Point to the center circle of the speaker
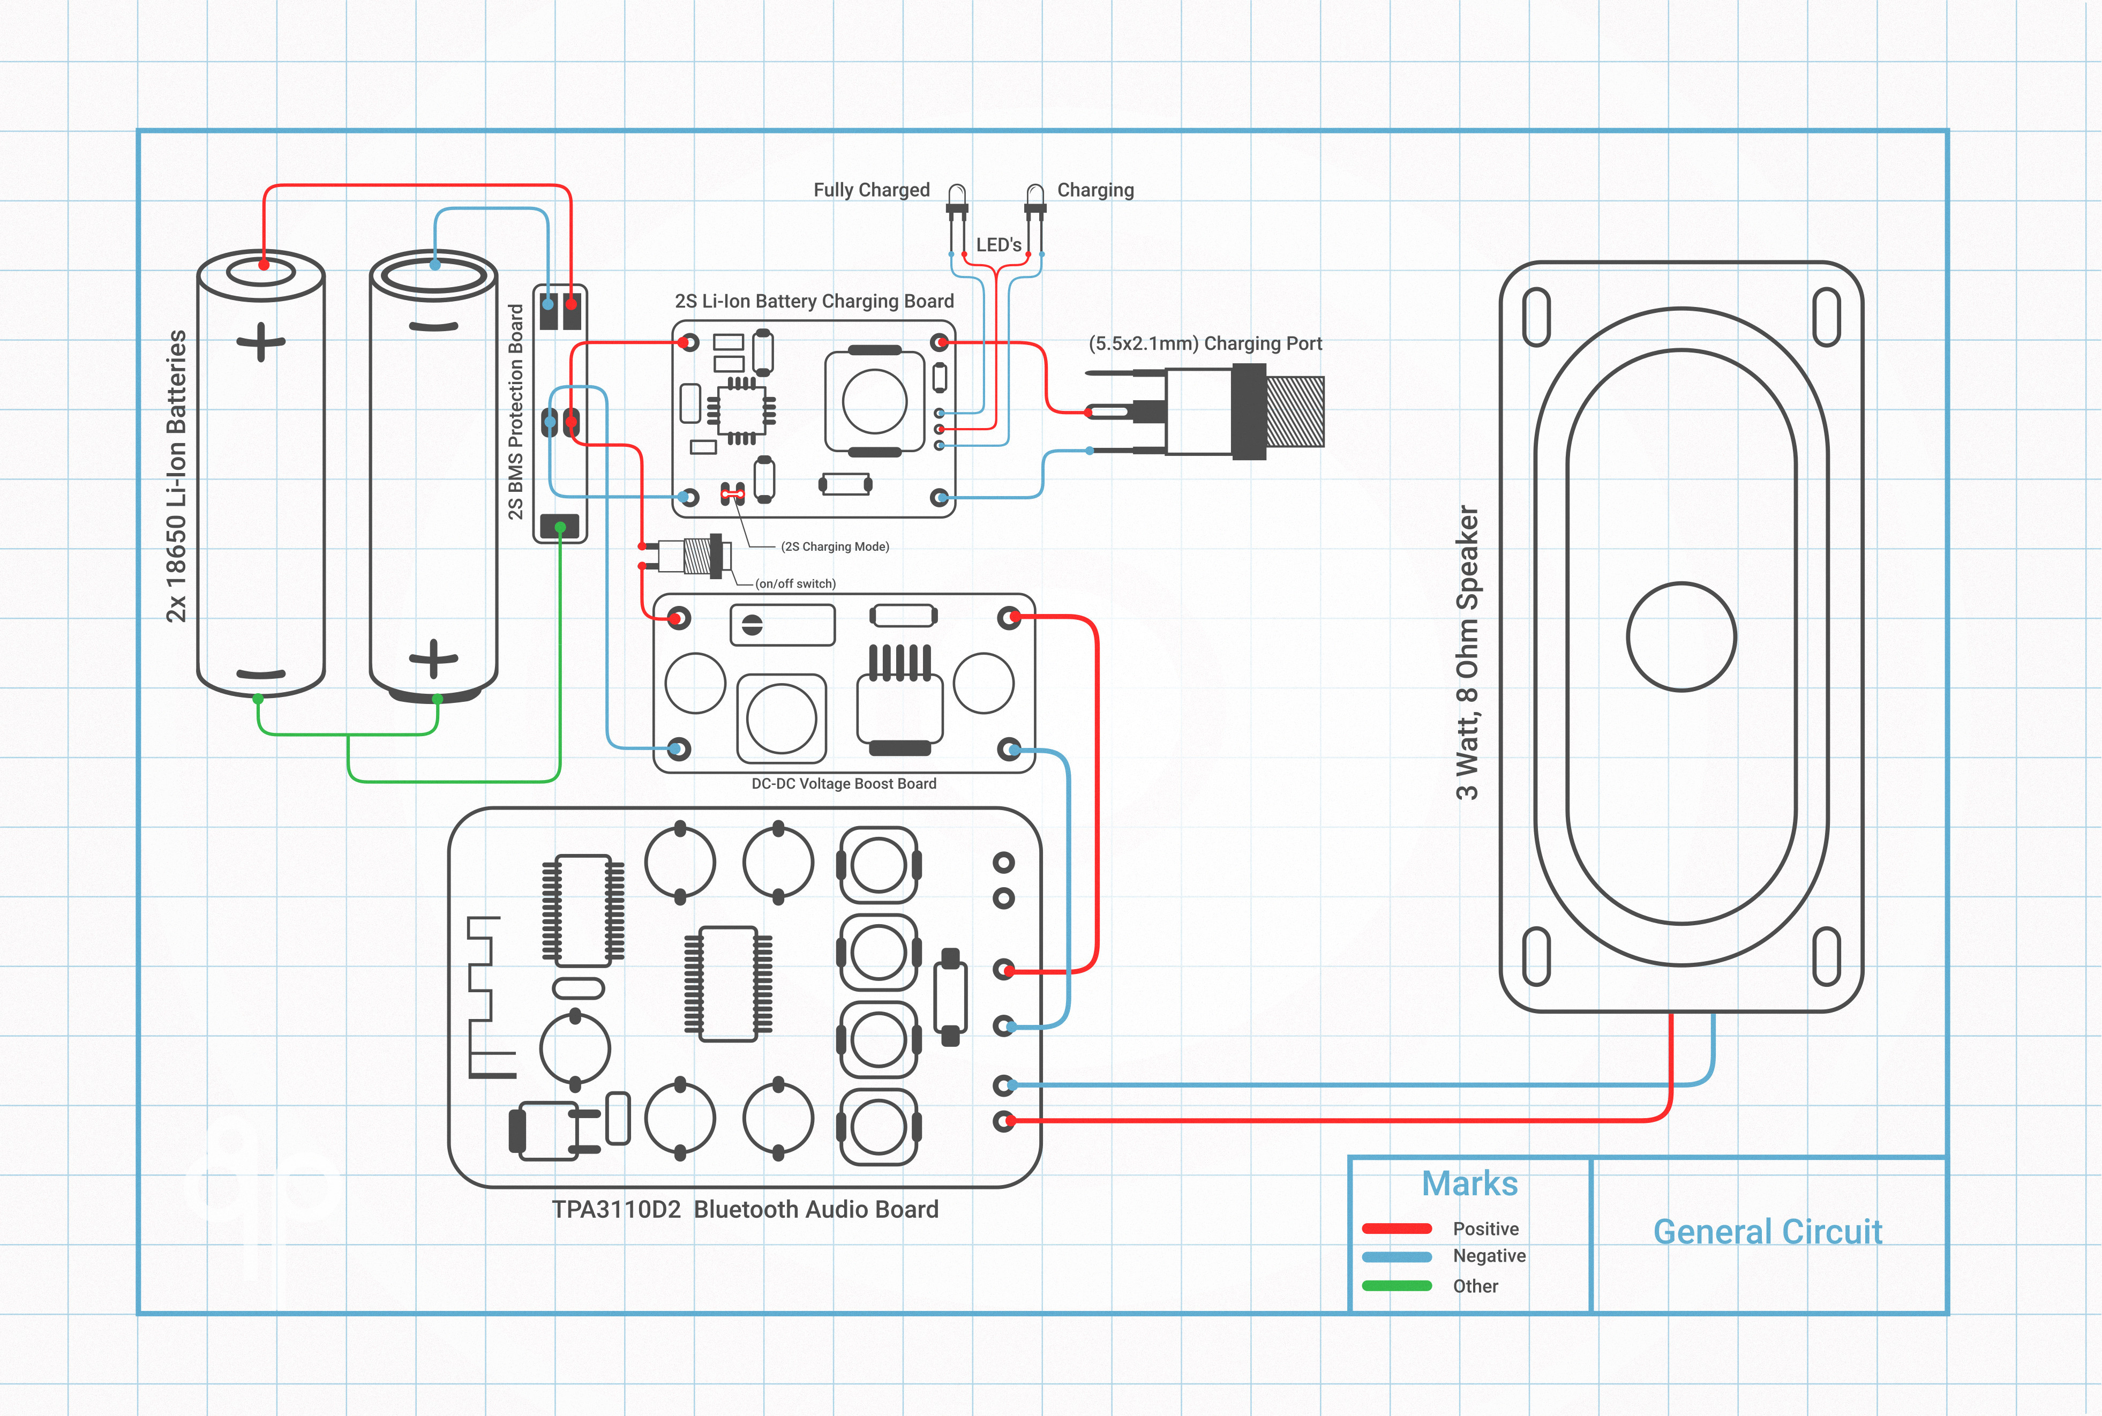1681,636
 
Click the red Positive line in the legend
1397,1228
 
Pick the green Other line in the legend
1397,1286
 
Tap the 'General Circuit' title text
1767,1232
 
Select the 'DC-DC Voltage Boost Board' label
843,784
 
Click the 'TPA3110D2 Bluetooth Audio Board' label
745,1209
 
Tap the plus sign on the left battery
261,342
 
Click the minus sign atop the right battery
433,326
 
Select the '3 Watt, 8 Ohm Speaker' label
1467,652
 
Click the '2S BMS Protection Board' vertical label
515,412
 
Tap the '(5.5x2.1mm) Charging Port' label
1205,343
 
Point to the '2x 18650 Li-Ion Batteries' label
176,476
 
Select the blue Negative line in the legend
1397,1256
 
